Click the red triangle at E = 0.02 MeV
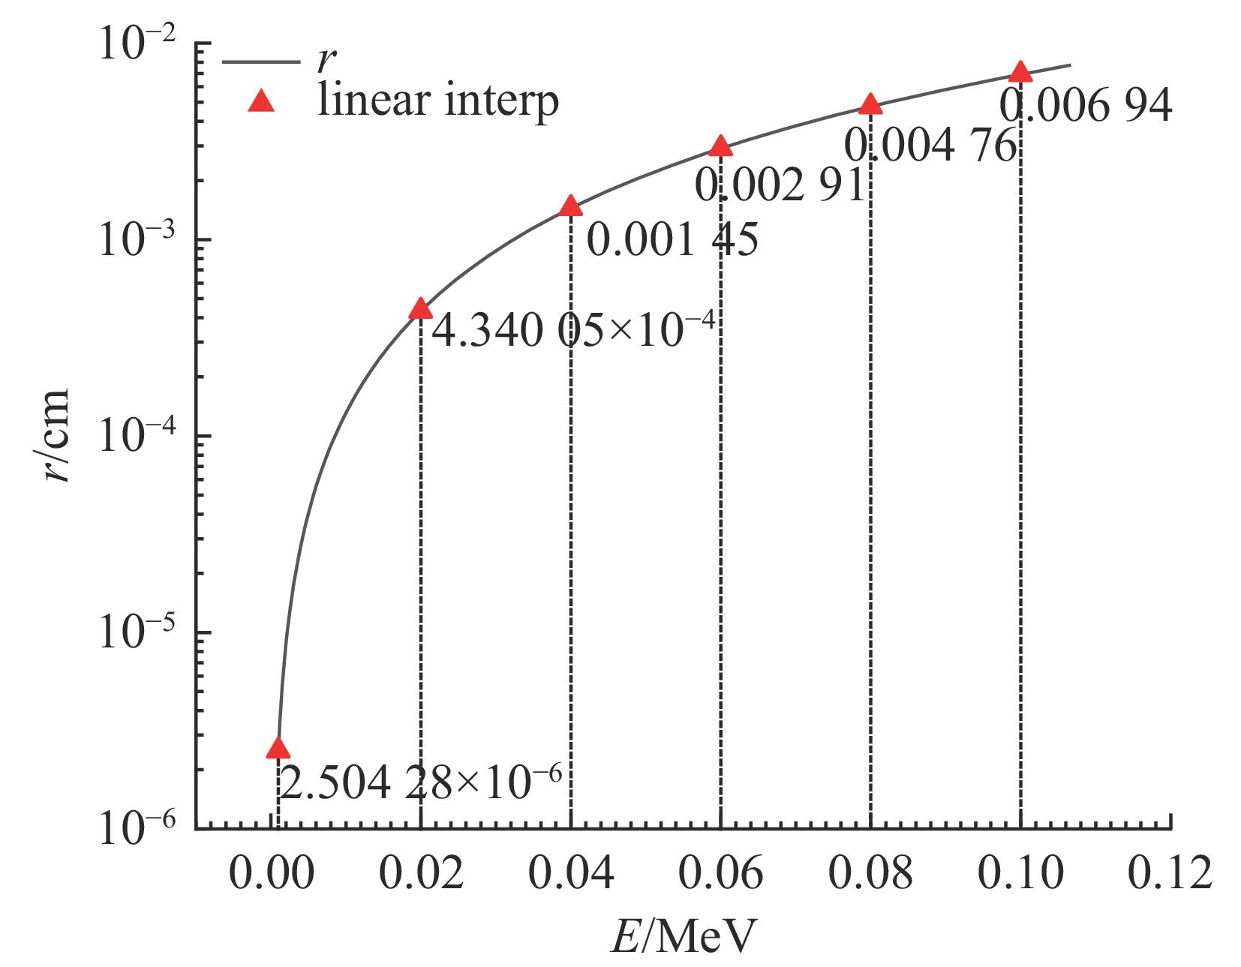(420, 309)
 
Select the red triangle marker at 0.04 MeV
(570, 206)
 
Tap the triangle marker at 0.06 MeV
(720, 146)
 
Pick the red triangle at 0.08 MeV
(870, 104)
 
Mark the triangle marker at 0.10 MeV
(1020, 72)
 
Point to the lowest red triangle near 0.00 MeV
(278, 748)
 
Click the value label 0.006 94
(1085, 106)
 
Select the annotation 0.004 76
(930, 145)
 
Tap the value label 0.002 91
(780, 185)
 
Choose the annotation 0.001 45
(672, 241)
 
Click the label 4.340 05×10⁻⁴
(574, 329)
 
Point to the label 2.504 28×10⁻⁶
(420, 783)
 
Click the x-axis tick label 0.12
(1170, 873)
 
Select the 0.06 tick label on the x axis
(720, 873)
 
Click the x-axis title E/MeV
(684, 936)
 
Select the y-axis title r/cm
(56, 435)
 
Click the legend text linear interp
(438, 101)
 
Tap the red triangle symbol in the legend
(261, 101)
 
